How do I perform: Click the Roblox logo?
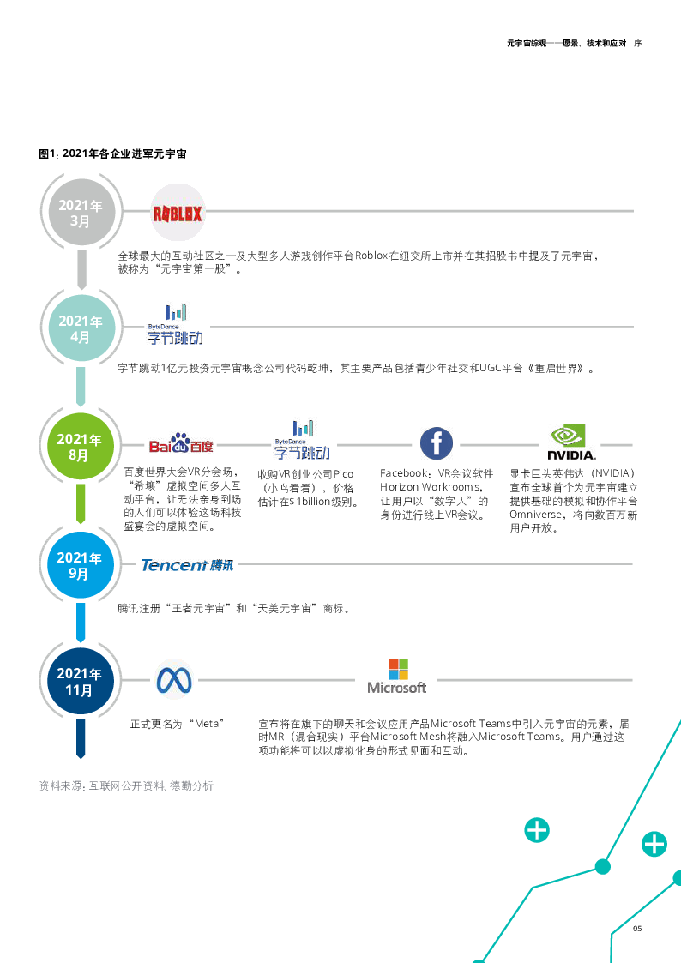[178, 213]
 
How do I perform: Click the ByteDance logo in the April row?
[177, 326]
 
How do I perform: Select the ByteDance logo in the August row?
[304, 441]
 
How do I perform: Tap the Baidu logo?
[180, 443]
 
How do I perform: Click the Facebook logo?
[436, 443]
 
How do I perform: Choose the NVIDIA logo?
[570, 441]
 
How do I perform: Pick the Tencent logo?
[187, 564]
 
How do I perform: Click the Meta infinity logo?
[174, 680]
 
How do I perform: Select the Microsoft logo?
[396, 677]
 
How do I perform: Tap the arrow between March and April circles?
[81, 270]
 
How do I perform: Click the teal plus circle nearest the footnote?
[537, 830]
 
